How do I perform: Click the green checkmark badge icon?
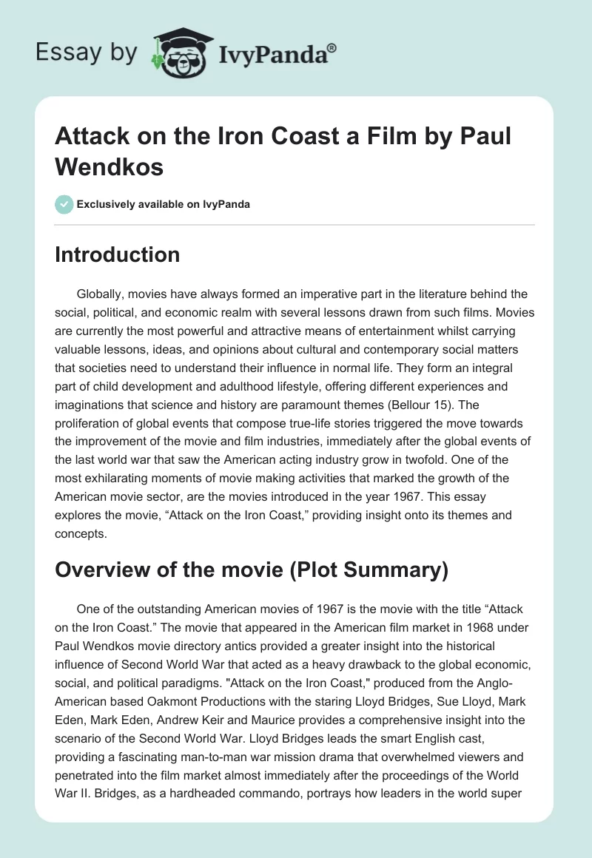click(x=64, y=204)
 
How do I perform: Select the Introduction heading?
click(x=118, y=254)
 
